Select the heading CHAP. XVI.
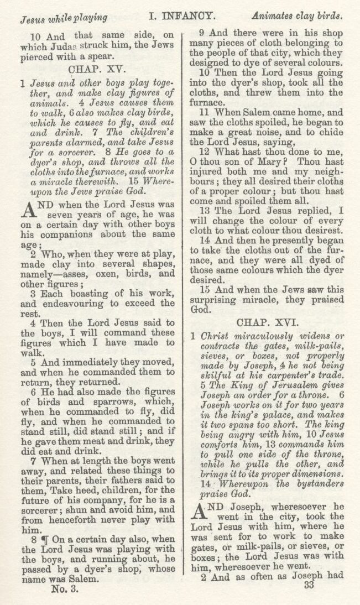268,322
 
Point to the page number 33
309,586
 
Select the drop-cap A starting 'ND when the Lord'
29,208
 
